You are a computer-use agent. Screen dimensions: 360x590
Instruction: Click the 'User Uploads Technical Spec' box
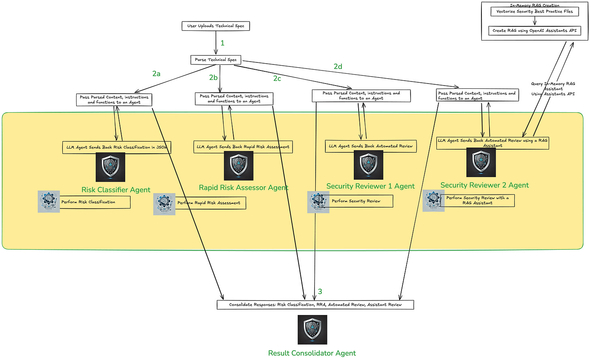[216, 26]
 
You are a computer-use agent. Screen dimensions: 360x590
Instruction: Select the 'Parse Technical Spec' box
[216, 60]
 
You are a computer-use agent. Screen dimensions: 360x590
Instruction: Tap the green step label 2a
[156, 74]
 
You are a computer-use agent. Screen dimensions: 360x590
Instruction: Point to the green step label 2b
[214, 77]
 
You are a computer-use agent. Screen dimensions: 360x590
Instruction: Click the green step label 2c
[277, 79]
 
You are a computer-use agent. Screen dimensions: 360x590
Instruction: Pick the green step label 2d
[338, 66]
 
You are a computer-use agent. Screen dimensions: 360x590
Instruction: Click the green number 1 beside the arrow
[222, 43]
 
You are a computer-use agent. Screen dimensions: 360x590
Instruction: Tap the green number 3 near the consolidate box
[320, 291]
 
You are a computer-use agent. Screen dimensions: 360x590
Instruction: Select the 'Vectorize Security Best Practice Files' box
[534, 11]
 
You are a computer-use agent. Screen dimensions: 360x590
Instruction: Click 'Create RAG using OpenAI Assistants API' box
[534, 30]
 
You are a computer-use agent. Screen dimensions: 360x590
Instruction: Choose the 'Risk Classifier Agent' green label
[116, 190]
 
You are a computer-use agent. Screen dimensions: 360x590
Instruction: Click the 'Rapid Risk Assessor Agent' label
[244, 188]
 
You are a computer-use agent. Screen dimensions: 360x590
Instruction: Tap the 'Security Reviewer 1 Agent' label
[370, 186]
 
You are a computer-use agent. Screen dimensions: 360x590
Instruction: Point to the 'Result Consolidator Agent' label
[312, 353]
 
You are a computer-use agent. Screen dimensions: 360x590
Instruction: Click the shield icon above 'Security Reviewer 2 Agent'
[481, 162]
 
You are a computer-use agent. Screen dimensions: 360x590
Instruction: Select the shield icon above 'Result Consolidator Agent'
[312, 330]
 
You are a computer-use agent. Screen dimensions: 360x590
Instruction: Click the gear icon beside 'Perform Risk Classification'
[49, 201]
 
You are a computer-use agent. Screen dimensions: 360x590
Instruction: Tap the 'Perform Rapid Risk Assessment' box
[210, 203]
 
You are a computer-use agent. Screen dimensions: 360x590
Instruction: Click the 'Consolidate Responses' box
[315, 304]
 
